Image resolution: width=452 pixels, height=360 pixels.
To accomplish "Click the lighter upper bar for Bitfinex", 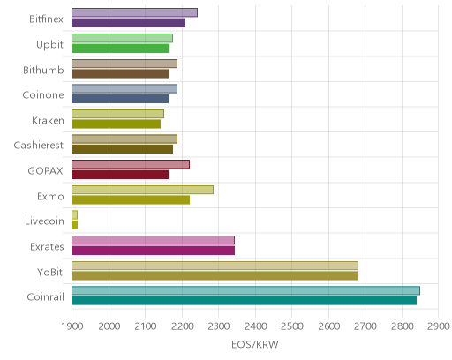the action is pos(134,12).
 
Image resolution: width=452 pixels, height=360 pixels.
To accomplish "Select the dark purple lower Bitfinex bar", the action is pos(128,23).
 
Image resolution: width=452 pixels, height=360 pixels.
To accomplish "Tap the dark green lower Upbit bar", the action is pos(120,49).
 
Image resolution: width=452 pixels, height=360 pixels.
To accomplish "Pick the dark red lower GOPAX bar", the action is pos(120,175).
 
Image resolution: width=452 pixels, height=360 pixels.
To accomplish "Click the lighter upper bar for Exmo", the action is pos(142,190).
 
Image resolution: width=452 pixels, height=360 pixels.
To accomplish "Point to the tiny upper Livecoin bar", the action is pos(74,215).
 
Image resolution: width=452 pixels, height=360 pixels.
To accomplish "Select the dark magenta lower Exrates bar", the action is pos(153,251).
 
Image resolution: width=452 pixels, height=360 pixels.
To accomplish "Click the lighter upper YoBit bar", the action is pos(215,266).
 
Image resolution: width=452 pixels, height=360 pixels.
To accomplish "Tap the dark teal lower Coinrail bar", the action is pos(244,301).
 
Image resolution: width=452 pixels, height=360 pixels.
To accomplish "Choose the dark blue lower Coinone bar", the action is pos(120,99).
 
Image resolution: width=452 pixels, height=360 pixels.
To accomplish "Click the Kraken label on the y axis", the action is pos(48,120).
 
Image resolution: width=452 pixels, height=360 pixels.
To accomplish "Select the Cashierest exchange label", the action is pos(39,146).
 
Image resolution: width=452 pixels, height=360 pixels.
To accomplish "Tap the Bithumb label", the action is pos(43,70).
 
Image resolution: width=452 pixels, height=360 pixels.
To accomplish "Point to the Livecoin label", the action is pos(44,221).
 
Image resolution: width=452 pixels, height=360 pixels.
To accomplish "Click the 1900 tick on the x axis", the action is pos(72,326).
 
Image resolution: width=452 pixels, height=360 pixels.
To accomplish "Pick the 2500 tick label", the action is pos(292,326).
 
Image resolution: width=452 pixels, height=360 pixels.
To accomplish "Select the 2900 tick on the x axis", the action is pos(439,326).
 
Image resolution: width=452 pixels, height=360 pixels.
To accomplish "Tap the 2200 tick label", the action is pos(182,326).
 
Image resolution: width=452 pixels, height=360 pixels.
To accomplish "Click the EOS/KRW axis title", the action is pos(255,344).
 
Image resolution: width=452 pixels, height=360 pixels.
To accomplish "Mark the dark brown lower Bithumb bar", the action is pos(120,73).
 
